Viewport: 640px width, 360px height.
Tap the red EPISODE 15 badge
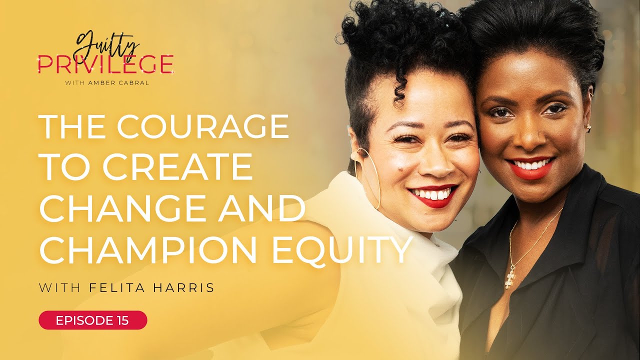(92, 320)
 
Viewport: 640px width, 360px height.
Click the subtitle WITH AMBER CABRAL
(107, 83)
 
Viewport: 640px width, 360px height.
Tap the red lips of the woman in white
(432, 194)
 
